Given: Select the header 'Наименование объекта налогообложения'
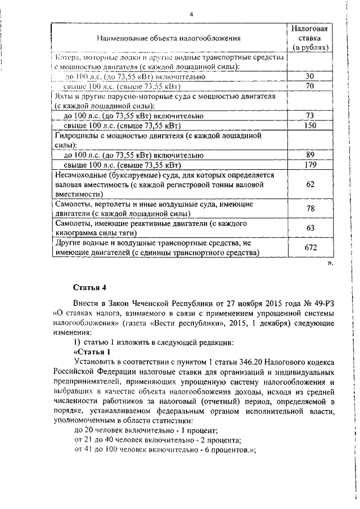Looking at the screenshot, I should (x=169, y=38).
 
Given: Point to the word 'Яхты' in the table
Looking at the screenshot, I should (x=64, y=96).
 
